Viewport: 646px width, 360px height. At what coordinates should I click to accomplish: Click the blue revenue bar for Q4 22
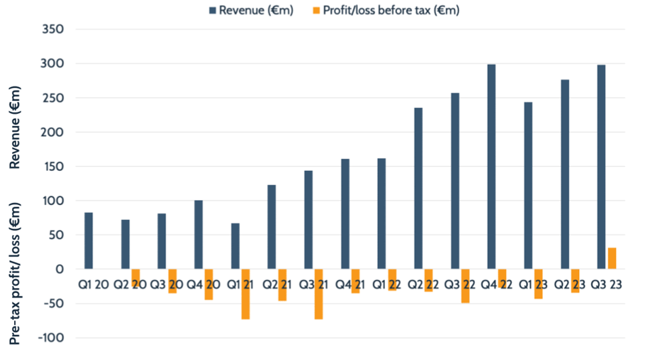click(x=492, y=167)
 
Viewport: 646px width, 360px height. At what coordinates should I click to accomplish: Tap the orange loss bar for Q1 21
click(x=245, y=294)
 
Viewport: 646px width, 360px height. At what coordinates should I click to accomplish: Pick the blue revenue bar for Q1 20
click(x=89, y=241)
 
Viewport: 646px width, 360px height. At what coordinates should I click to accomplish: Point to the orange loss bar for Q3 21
click(x=319, y=294)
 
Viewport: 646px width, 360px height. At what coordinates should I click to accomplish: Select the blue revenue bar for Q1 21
click(x=235, y=246)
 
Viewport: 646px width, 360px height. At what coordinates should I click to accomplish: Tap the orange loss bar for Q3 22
click(x=465, y=286)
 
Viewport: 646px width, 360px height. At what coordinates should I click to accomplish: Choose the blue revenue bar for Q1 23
click(x=528, y=185)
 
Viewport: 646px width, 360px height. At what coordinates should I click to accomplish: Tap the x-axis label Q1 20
click(x=93, y=285)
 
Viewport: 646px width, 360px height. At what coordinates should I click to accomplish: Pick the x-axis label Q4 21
click(x=350, y=285)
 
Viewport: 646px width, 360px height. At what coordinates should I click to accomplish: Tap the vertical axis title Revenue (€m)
click(x=15, y=127)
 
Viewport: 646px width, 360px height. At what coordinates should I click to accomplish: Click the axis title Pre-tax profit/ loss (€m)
click(x=15, y=272)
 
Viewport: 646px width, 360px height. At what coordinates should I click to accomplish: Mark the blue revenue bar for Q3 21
click(x=308, y=220)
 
